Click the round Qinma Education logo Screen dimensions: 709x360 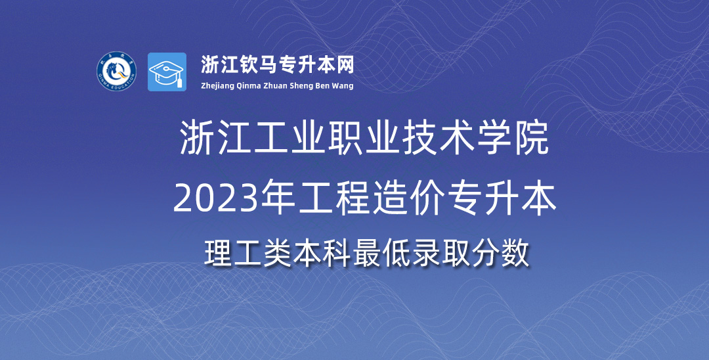point(117,72)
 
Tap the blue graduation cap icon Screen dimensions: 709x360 point(167,72)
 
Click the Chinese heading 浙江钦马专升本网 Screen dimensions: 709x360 point(277,64)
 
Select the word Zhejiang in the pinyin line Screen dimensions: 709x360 point(217,86)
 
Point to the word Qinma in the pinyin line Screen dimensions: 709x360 point(249,86)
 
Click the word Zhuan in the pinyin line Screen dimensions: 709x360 point(275,85)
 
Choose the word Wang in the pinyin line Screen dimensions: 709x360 point(344,86)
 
